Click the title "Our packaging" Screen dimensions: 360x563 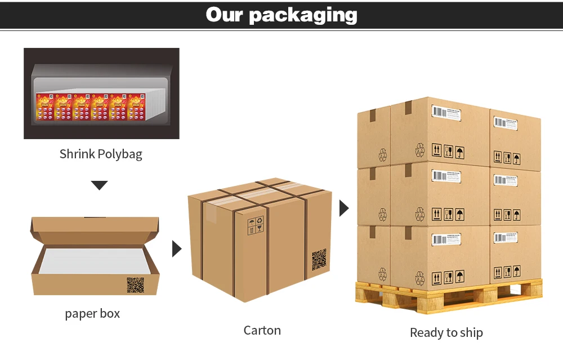click(281, 15)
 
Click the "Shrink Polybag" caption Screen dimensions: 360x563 click(101, 154)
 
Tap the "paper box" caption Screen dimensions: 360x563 click(92, 313)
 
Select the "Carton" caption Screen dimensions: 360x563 click(262, 330)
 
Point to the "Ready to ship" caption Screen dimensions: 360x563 click(446, 332)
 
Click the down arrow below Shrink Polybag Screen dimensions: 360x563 click(99, 185)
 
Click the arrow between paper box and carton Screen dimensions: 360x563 click(176, 248)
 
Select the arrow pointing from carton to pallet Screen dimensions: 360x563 click(344, 208)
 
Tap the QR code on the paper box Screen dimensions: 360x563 click(135, 285)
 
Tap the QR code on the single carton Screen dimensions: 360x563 click(319, 259)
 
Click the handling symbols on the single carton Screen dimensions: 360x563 click(255, 225)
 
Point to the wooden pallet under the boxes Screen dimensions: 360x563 click(448, 296)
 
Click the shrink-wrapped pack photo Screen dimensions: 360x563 click(101, 94)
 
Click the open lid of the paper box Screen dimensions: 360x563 click(95, 225)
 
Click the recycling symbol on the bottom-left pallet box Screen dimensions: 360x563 click(383, 274)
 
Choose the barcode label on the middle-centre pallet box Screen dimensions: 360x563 click(446, 176)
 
